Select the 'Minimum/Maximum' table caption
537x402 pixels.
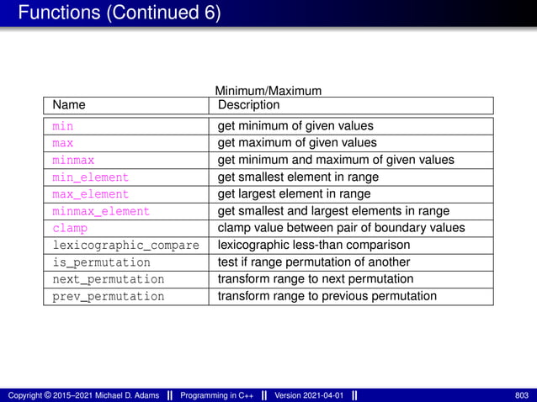pos(268,90)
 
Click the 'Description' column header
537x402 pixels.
pos(248,105)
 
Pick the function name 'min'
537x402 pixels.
pos(62,126)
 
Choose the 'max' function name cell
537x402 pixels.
pos(62,143)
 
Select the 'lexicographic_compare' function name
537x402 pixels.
pos(125,246)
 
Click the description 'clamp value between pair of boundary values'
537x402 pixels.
pos(341,228)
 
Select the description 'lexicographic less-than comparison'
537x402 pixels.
pos(314,246)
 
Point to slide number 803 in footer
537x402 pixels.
pos(521,395)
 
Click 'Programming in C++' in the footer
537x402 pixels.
pos(217,395)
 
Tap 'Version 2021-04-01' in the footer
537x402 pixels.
pos(310,395)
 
